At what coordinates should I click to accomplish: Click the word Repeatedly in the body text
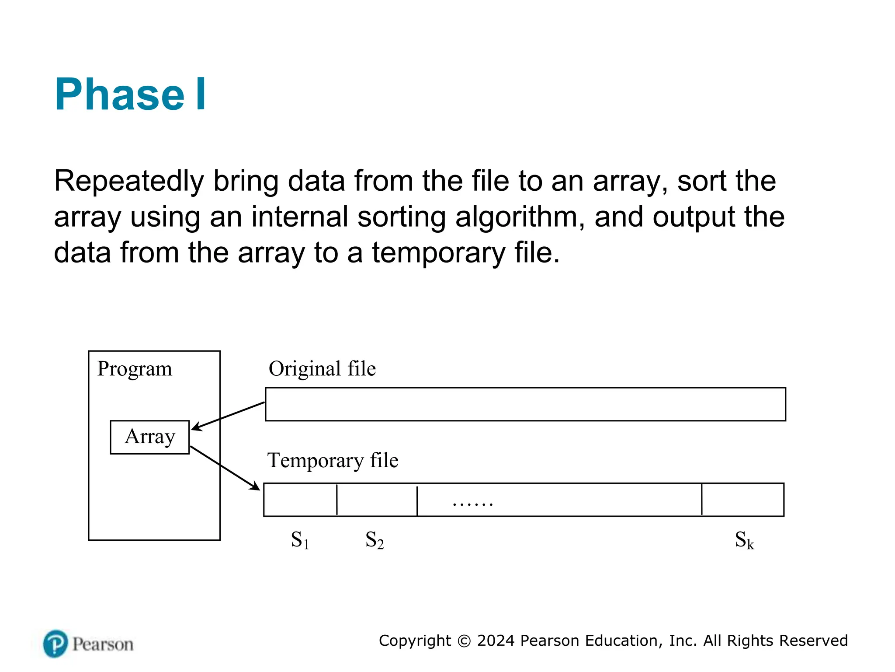(x=129, y=181)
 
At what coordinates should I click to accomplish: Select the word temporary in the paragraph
(x=438, y=253)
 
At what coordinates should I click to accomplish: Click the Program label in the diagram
(x=135, y=368)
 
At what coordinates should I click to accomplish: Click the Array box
(x=150, y=437)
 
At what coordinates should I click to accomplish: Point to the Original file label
(x=322, y=368)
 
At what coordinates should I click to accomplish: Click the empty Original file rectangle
(x=525, y=404)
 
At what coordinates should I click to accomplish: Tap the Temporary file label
(x=333, y=460)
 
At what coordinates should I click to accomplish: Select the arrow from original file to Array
(x=228, y=416)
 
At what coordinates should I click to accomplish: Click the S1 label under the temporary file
(x=300, y=540)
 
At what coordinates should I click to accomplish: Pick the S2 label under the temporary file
(x=375, y=540)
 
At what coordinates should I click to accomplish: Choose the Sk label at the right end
(x=744, y=540)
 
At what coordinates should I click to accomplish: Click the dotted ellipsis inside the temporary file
(x=473, y=504)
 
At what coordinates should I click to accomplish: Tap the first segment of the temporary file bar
(x=300, y=500)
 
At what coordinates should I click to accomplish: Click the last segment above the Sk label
(x=742, y=500)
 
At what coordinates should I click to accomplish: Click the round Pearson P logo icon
(x=56, y=644)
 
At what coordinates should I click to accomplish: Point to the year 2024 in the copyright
(x=496, y=640)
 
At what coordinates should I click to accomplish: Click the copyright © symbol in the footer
(x=464, y=641)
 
